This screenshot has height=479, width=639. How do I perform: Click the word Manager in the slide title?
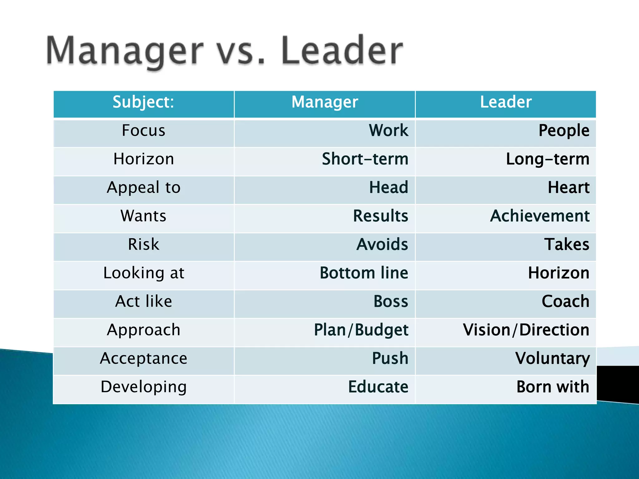(x=125, y=51)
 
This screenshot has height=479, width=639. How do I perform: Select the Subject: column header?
(x=143, y=102)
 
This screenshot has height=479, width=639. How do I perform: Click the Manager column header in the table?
(x=324, y=102)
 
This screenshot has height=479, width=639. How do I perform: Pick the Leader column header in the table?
(x=505, y=102)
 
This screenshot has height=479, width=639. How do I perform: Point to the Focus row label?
(x=144, y=131)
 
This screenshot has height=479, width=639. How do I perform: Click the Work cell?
(x=388, y=131)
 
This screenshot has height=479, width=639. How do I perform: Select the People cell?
(x=564, y=131)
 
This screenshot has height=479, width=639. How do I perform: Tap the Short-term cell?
(x=365, y=159)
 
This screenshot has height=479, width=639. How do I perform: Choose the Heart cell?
(x=568, y=188)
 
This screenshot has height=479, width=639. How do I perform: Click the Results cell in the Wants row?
(x=380, y=216)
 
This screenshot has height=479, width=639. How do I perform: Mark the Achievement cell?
(x=540, y=216)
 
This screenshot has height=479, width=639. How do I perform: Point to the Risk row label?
(x=144, y=244)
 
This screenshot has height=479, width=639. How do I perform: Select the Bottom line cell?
(x=364, y=273)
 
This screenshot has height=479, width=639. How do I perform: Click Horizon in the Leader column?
(x=559, y=273)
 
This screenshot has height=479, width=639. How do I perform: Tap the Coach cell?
(x=565, y=302)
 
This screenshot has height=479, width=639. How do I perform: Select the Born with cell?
(x=553, y=387)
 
